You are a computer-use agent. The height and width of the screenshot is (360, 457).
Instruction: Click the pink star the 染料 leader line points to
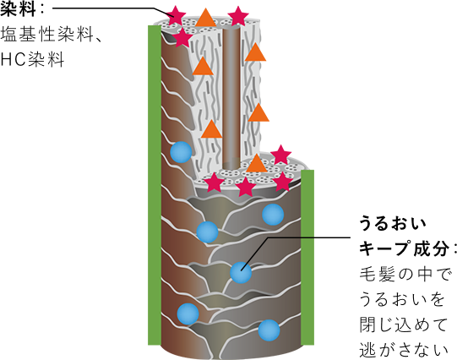coord(176,15)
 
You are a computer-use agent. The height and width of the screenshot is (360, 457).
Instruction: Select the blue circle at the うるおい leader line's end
coord(241,273)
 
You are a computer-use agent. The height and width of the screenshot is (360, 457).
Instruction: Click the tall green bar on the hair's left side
coord(155,185)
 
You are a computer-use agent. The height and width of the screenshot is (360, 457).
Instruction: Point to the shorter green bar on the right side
coord(307,258)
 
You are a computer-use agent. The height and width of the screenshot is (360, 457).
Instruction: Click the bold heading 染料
coord(18,8)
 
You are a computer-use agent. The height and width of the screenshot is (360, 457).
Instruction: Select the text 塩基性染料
coord(46,35)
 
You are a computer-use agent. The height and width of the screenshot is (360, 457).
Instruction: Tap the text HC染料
coord(32,60)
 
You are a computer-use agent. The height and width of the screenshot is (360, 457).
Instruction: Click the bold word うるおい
coord(393,224)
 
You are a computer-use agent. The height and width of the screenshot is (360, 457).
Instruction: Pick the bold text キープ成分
coord(404,248)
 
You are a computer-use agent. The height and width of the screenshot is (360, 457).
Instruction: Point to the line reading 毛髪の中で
coord(405,274)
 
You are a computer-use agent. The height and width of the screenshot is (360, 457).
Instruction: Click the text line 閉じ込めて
coord(403,325)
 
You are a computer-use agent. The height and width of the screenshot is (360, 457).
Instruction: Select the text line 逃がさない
coord(404,350)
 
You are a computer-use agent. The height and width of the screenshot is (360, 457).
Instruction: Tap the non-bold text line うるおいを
coord(402,299)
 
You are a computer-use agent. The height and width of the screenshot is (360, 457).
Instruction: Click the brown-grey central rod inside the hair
coord(231,98)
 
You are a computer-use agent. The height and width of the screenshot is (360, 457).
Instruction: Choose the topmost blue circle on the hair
coord(181,152)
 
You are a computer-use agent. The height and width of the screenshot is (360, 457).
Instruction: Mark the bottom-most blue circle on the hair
coord(269,330)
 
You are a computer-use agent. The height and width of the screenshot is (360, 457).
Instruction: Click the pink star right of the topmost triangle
coord(238,16)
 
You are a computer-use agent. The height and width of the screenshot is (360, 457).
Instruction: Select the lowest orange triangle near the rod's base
coord(257,164)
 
